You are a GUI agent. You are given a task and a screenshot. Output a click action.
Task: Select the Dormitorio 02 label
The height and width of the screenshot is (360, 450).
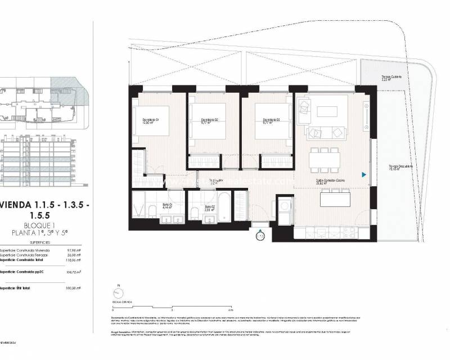point(209,121)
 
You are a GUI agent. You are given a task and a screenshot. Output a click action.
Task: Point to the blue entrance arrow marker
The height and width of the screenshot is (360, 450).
point(364,175)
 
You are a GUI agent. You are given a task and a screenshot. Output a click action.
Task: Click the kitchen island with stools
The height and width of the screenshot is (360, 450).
point(334,199)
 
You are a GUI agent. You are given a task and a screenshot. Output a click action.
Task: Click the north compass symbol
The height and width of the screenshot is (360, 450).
point(119,293)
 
